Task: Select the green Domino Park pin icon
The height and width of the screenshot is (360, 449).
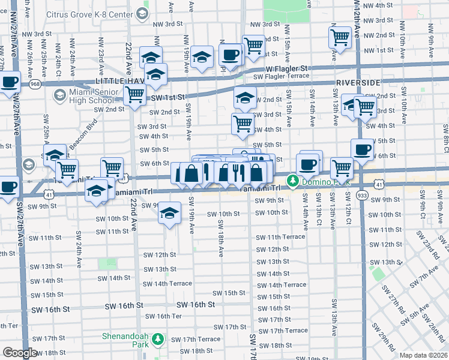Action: click(292, 180)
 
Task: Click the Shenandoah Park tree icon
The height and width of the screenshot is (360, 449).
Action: click(158, 340)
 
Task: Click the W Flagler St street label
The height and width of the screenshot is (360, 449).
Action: click(287, 68)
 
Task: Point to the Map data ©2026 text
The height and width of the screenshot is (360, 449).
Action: click(424, 354)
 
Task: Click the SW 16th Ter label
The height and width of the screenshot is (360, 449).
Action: click(163, 316)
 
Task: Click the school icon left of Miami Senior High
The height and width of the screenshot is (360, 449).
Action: click(59, 95)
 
